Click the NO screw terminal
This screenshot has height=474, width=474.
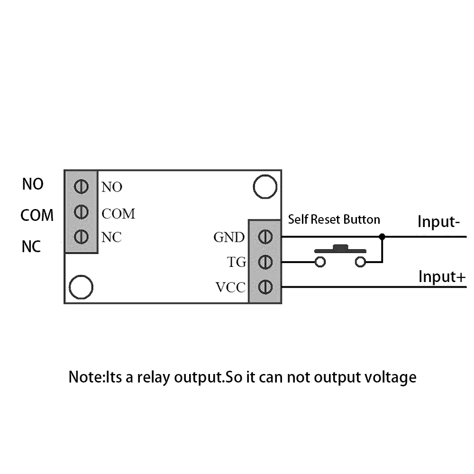81,186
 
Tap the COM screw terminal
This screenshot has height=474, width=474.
81,211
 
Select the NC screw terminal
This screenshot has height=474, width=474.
81,237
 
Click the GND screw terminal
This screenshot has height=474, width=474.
265,237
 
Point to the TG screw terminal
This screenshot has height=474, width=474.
265,262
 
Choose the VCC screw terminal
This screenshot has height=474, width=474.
265,287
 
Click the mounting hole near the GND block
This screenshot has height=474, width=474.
265,187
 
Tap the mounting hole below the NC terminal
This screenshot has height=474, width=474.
81,287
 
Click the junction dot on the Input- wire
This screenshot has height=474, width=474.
382,237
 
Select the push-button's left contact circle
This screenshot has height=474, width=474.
320,262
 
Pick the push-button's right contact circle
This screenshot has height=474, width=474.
360,262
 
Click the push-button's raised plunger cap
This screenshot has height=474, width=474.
340,247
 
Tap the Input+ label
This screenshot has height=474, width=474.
442,277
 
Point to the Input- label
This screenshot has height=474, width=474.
438,221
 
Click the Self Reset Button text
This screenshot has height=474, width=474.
334,219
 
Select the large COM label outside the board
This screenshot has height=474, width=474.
37,215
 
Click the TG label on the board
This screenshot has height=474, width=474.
237,262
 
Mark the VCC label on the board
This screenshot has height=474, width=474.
230,287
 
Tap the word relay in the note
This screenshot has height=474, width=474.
153,377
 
